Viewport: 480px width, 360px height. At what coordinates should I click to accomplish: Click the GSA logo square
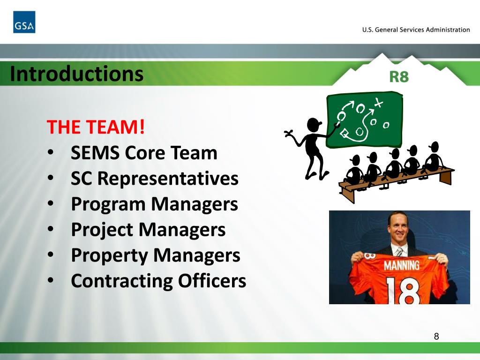click(x=24, y=22)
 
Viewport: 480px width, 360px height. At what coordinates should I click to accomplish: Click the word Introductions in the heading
click(x=76, y=74)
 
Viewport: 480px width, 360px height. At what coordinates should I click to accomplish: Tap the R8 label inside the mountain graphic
click(x=399, y=76)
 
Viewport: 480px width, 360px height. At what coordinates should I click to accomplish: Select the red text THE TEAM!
click(x=96, y=127)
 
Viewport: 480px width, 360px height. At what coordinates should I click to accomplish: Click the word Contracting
click(x=122, y=281)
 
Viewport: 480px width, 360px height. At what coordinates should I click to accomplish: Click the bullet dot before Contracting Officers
click(x=53, y=282)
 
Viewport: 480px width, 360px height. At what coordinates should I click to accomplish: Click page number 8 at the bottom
click(x=436, y=336)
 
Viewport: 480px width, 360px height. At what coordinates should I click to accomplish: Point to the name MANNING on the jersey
click(x=401, y=265)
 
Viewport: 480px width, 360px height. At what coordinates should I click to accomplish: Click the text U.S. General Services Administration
click(x=416, y=30)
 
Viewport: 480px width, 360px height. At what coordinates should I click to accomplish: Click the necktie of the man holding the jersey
click(x=398, y=253)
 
